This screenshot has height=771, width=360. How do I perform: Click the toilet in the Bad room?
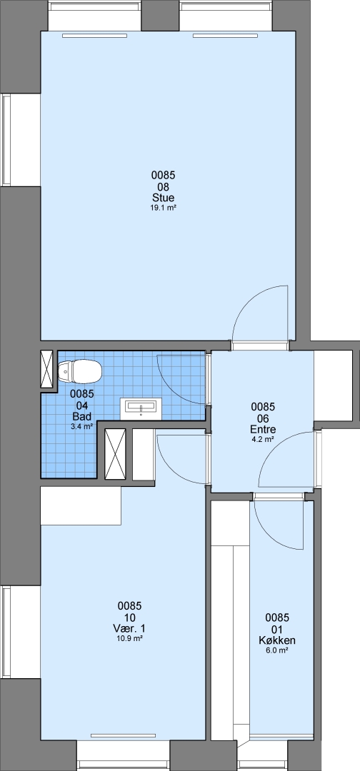pos(80,371)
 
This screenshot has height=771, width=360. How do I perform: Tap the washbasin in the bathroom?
pos(141,408)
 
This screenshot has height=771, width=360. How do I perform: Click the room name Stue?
pos(164,198)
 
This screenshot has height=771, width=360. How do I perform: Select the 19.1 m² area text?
pos(164,208)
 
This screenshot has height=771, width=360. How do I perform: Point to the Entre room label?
pos(263,429)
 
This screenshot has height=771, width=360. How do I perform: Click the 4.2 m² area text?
pos(263,440)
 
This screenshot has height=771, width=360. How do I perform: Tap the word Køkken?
pos(277,640)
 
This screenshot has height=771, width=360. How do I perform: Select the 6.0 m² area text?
pos(277,650)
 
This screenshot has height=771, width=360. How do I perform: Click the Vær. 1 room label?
pos(129,628)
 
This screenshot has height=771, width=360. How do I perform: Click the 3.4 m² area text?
pos(82,427)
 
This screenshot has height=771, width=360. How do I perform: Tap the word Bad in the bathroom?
pos(82,416)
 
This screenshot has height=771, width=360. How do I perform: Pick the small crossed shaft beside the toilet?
pos(47,369)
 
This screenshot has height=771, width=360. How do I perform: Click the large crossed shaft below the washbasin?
pos(116,453)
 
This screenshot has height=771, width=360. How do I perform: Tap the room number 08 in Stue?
pos(164,186)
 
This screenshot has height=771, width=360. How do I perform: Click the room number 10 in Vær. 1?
pos(129,617)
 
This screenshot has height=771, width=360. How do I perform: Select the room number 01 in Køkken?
pos(277,629)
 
